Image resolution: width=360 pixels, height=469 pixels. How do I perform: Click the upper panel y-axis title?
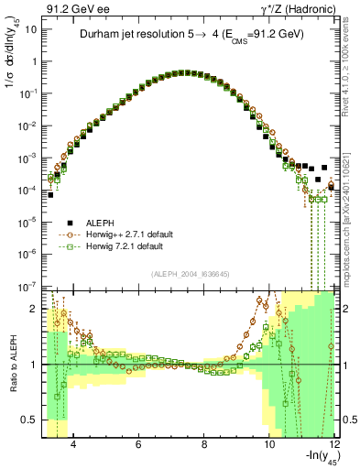[x=11, y=64]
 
